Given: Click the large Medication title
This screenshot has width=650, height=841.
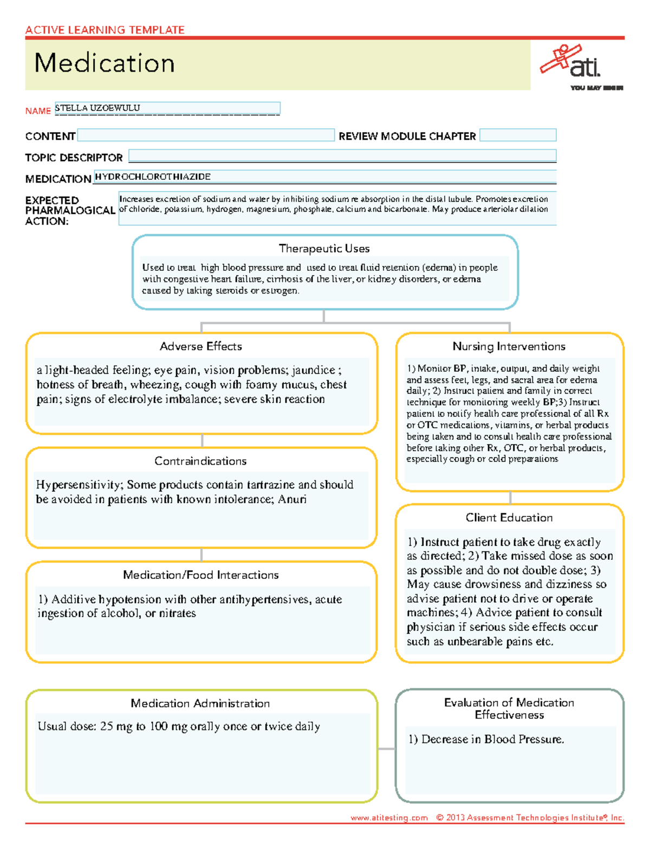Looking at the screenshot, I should (105, 63).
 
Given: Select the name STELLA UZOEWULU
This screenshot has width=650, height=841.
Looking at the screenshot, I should (97, 108).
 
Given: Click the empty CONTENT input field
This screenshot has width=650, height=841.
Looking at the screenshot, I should (206, 135).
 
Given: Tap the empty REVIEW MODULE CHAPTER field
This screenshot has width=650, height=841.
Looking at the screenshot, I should (517, 135).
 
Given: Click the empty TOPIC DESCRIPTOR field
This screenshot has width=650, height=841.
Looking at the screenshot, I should (342, 157).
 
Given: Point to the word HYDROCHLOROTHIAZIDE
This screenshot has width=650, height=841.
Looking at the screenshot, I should (153, 177).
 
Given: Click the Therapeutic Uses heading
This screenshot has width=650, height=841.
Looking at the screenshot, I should (324, 249).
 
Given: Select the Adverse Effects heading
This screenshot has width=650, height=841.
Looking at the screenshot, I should (201, 347).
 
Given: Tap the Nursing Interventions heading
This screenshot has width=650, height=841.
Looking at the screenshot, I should (509, 347).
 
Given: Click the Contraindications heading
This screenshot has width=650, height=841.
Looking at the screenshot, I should (200, 461).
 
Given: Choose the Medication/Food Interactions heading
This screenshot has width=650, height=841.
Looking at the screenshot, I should (200, 575).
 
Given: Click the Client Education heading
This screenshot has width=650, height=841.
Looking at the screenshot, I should (509, 518).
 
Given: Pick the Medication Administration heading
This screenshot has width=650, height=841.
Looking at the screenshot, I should (200, 703).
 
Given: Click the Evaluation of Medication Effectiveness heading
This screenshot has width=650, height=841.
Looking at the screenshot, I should (509, 708).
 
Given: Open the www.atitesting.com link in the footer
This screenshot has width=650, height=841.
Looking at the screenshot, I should (389, 818).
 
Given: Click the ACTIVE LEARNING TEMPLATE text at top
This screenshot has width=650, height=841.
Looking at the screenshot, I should (105, 30).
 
